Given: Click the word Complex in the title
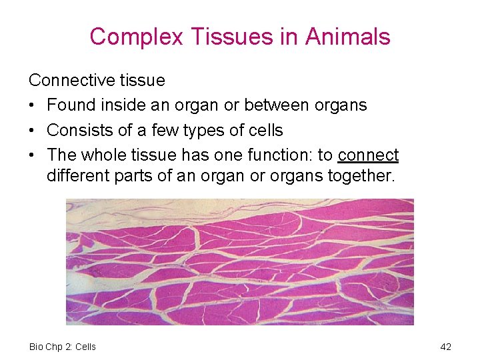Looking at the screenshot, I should pyautogui.click(x=136, y=37).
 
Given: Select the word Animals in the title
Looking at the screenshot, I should pyautogui.click(x=348, y=37).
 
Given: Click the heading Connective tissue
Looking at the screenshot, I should pyautogui.click(x=97, y=81).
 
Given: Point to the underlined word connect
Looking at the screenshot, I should pyautogui.click(x=368, y=155).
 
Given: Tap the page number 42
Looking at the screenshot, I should pyautogui.click(x=446, y=347).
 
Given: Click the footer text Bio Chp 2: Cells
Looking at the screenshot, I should pyautogui.click(x=63, y=347).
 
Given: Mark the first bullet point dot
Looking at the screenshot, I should pyautogui.click(x=33, y=106).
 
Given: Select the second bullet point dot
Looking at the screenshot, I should pyautogui.click(x=33, y=131).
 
